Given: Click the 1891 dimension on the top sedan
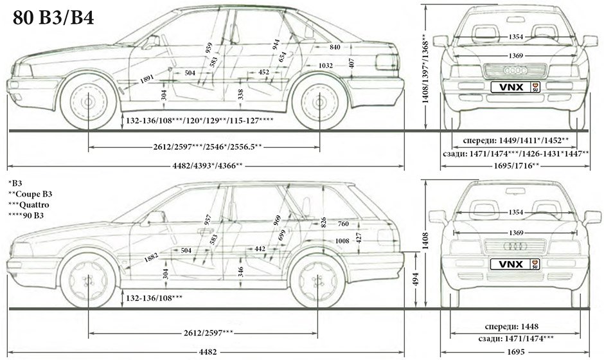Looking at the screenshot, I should pyautogui.click(x=147, y=80).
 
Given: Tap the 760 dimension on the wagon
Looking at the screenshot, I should pyautogui.click(x=342, y=224).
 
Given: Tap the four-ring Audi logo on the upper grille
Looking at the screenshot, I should pyautogui.click(x=515, y=69).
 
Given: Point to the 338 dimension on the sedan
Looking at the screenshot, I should pyautogui.click(x=222, y=94).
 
